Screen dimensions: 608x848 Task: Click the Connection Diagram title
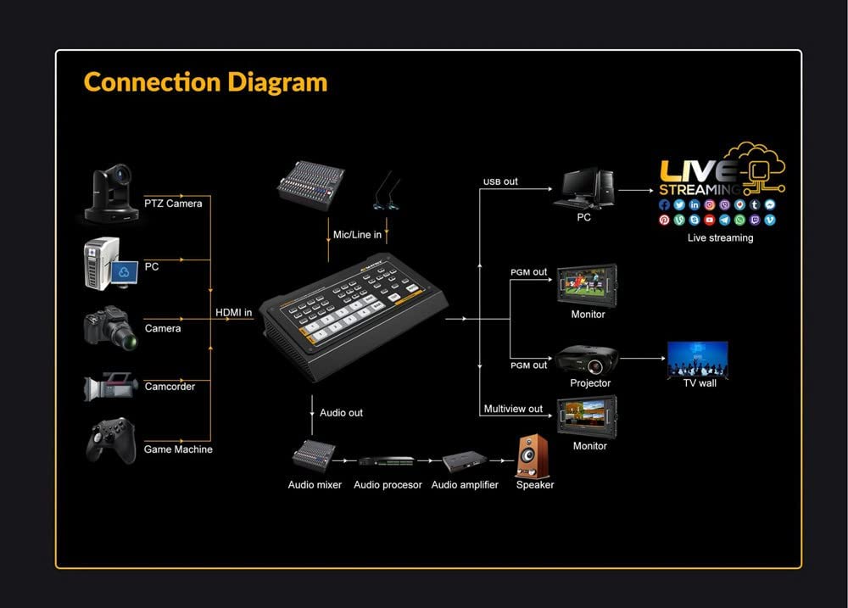[x=205, y=82]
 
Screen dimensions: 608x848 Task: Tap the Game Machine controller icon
[x=111, y=439]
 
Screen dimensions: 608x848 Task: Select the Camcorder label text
[x=170, y=387]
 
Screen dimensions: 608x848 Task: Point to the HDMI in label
[x=234, y=313]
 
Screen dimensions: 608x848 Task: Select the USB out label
[x=500, y=181]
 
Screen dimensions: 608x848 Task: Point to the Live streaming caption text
[x=720, y=238]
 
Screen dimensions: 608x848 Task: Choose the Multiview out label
[x=513, y=409]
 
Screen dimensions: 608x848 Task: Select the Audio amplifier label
[x=465, y=485]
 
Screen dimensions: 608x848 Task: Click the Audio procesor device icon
[x=386, y=461]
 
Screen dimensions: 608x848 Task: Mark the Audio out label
[x=341, y=413]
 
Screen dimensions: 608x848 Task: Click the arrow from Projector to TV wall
[x=642, y=359]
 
